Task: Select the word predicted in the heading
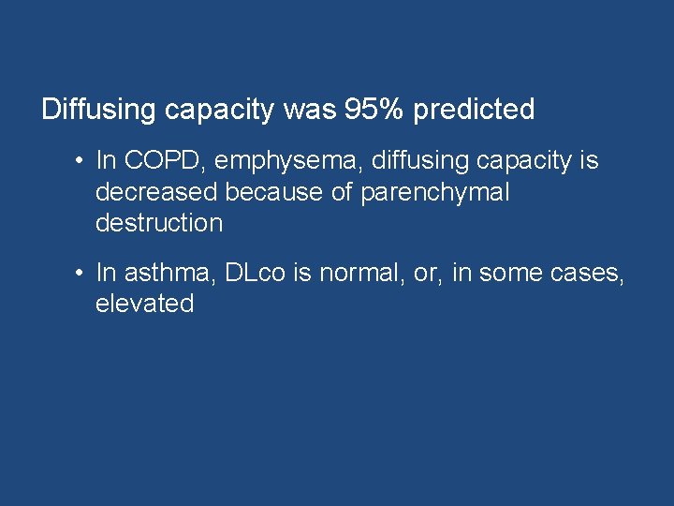coord(474,111)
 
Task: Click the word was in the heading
coord(301,110)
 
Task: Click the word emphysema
coord(287,162)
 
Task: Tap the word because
coord(281,192)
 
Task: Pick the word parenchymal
coord(435,193)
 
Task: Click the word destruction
coord(159,223)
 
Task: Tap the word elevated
coord(144,304)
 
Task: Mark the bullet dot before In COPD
coord(82,162)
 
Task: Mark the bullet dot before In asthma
coord(82,274)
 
